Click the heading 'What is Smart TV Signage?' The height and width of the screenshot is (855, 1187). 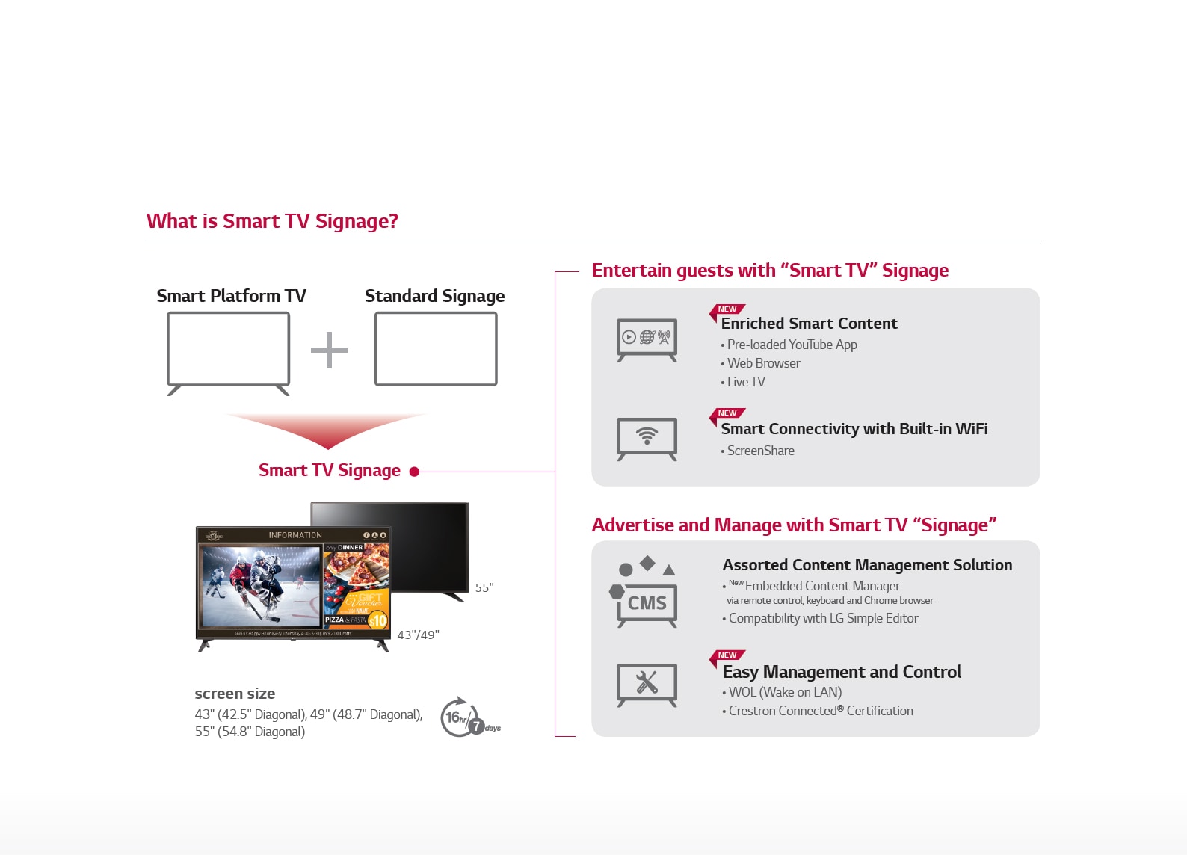point(272,221)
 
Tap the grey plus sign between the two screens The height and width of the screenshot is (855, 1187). point(329,350)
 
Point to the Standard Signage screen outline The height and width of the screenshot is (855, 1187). point(436,349)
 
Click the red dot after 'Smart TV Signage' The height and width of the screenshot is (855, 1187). point(414,472)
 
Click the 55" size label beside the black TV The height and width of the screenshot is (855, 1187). point(484,588)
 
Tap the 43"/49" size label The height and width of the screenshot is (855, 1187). point(418,635)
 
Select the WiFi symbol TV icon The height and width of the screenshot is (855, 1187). point(647,437)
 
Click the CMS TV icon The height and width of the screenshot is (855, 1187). point(647,602)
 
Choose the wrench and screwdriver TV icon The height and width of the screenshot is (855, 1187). point(647,683)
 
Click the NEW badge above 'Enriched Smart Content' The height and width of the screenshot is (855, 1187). point(727,309)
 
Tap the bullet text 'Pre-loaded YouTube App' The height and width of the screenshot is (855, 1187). point(792,345)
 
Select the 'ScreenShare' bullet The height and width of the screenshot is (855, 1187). point(760,451)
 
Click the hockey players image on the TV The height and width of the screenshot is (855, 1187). point(259,586)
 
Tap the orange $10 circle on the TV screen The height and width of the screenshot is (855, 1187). point(377,620)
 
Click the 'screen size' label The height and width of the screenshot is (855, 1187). point(235,694)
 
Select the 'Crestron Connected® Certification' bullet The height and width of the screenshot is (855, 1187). point(820,711)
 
